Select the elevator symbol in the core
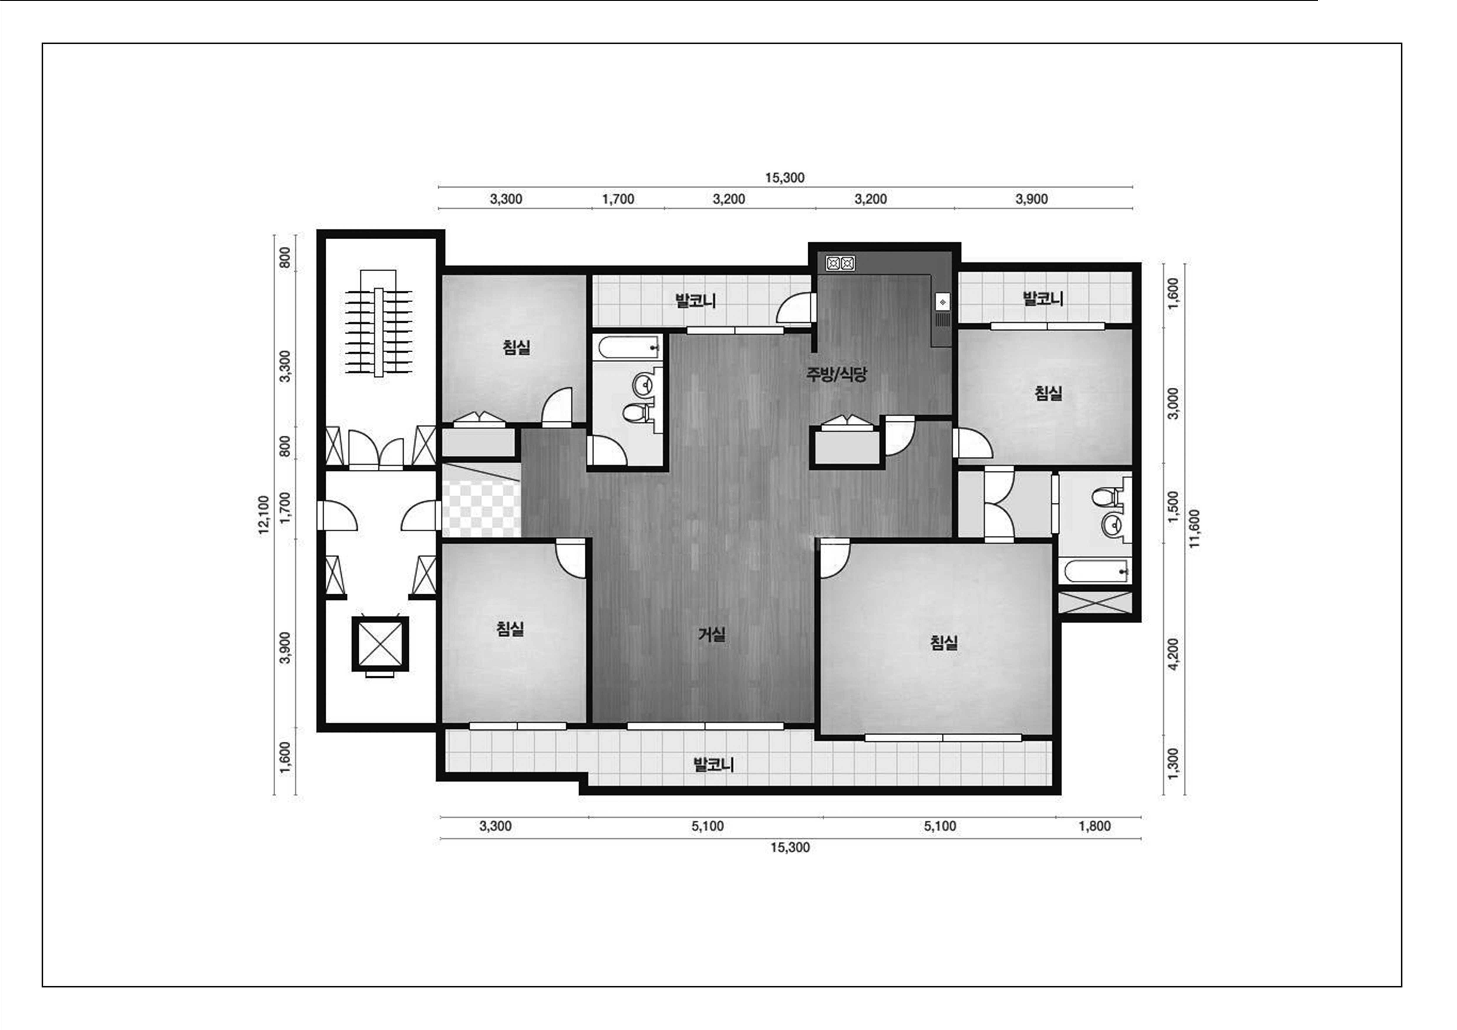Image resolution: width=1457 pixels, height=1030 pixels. (380, 644)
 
